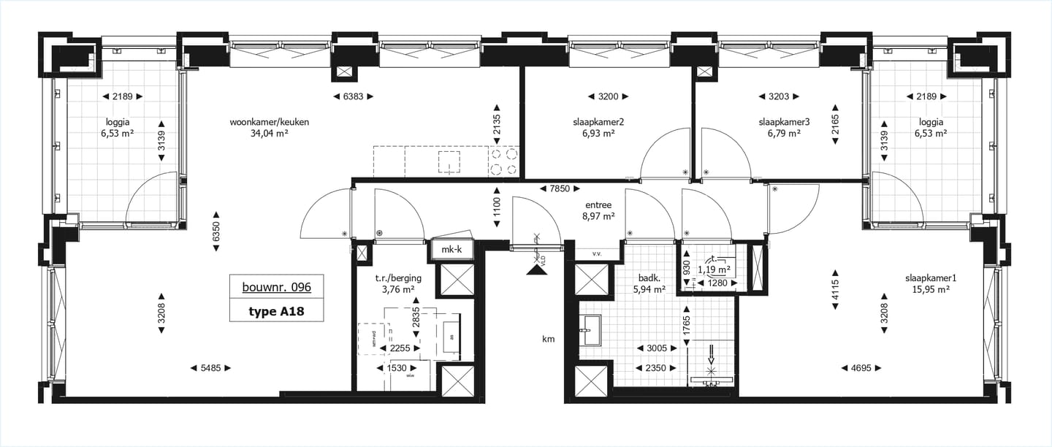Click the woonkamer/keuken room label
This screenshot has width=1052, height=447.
pos(270,122)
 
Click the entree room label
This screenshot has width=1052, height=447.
pos(598,205)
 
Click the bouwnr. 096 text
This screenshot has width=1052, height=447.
pos(277,287)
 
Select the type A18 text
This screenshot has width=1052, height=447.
pos(276,312)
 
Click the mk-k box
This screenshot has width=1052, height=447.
pos(452,250)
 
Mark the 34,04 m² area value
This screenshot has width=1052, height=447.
pos(270,134)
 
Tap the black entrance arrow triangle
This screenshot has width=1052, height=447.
pos(537,270)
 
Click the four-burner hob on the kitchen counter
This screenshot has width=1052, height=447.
pos(503,162)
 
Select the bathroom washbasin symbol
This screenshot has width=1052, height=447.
pos(590,329)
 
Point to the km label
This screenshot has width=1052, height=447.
pos(548,339)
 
